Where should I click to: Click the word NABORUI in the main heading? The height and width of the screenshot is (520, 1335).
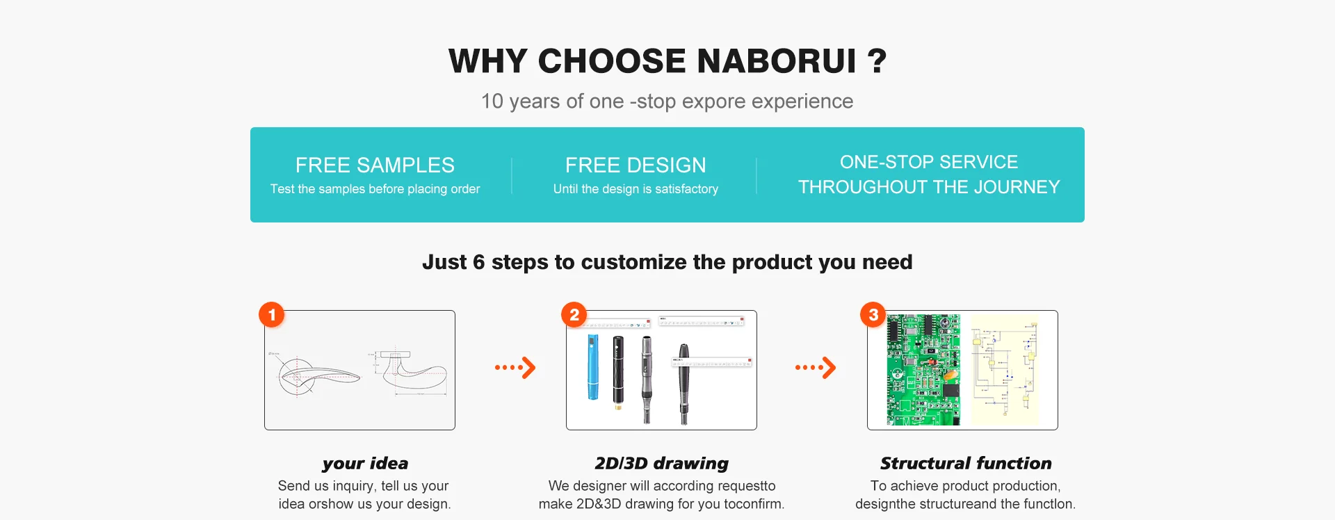pyautogui.click(x=777, y=61)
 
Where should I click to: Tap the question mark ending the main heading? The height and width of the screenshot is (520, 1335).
pyautogui.click(x=877, y=61)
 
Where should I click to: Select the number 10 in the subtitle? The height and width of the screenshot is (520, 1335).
pyautogui.click(x=492, y=101)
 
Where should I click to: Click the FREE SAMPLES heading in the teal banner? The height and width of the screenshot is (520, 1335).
pyautogui.click(x=375, y=165)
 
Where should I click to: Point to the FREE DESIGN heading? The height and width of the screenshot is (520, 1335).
pyautogui.click(x=636, y=165)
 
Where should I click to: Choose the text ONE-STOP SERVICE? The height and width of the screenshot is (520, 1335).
pyautogui.click(x=929, y=162)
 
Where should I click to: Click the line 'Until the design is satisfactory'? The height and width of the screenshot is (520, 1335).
pyautogui.click(x=636, y=189)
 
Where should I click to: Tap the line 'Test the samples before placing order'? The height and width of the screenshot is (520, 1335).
pyautogui.click(x=375, y=189)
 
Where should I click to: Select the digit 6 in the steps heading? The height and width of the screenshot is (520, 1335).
pyautogui.click(x=478, y=262)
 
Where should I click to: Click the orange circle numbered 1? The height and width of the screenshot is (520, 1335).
pyautogui.click(x=272, y=315)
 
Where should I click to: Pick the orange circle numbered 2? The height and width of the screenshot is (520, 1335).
pyautogui.click(x=574, y=315)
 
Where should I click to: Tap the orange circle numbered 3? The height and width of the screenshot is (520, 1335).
pyautogui.click(x=873, y=315)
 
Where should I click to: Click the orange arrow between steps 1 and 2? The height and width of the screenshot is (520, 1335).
pyautogui.click(x=515, y=368)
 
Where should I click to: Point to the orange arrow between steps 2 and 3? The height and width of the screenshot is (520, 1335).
pyautogui.click(x=816, y=368)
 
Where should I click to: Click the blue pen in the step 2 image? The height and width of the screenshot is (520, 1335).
pyautogui.click(x=593, y=367)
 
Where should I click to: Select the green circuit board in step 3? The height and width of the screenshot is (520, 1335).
pyautogui.click(x=923, y=370)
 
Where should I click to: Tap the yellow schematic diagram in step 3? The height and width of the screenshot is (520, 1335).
pyautogui.click(x=1005, y=370)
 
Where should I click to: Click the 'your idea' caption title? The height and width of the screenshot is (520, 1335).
pyautogui.click(x=365, y=464)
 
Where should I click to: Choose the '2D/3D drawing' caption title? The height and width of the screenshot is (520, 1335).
pyautogui.click(x=661, y=464)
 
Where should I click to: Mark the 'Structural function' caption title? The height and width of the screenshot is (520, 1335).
pyautogui.click(x=966, y=464)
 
